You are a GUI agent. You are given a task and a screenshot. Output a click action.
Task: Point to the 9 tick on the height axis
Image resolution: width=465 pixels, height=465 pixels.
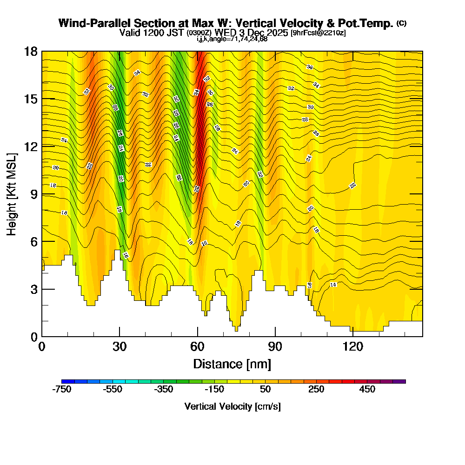click(x=42, y=194)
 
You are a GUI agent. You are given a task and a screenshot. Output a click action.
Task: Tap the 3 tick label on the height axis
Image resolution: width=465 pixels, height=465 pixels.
click(x=33, y=289)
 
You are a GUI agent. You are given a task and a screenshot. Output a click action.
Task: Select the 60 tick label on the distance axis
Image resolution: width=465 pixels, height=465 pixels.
click(x=198, y=347)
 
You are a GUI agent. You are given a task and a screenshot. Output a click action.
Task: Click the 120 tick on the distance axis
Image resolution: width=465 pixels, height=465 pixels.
click(x=353, y=336)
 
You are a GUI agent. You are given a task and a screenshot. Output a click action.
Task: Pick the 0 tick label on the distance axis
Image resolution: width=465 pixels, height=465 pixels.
click(x=42, y=347)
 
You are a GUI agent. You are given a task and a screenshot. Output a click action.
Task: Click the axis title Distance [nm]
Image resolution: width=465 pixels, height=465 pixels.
click(x=232, y=364)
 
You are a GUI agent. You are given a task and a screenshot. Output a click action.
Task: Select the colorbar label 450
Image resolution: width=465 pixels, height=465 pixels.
click(x=367, y=390)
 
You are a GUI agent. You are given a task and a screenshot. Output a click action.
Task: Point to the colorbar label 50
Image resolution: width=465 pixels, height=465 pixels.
click(x=265, y=390)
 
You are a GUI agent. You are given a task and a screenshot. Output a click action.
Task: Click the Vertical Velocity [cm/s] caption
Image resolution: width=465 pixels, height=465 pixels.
click(x=232, y=406)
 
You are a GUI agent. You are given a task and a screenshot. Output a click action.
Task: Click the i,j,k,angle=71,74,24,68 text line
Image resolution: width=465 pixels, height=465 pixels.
click(x=232, y=39)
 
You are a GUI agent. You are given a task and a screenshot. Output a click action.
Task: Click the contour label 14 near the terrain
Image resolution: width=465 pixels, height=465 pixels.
click(x=333, y=285)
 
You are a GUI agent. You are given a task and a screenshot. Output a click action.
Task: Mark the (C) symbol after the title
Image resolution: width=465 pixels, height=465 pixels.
click(x=402, y=23)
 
